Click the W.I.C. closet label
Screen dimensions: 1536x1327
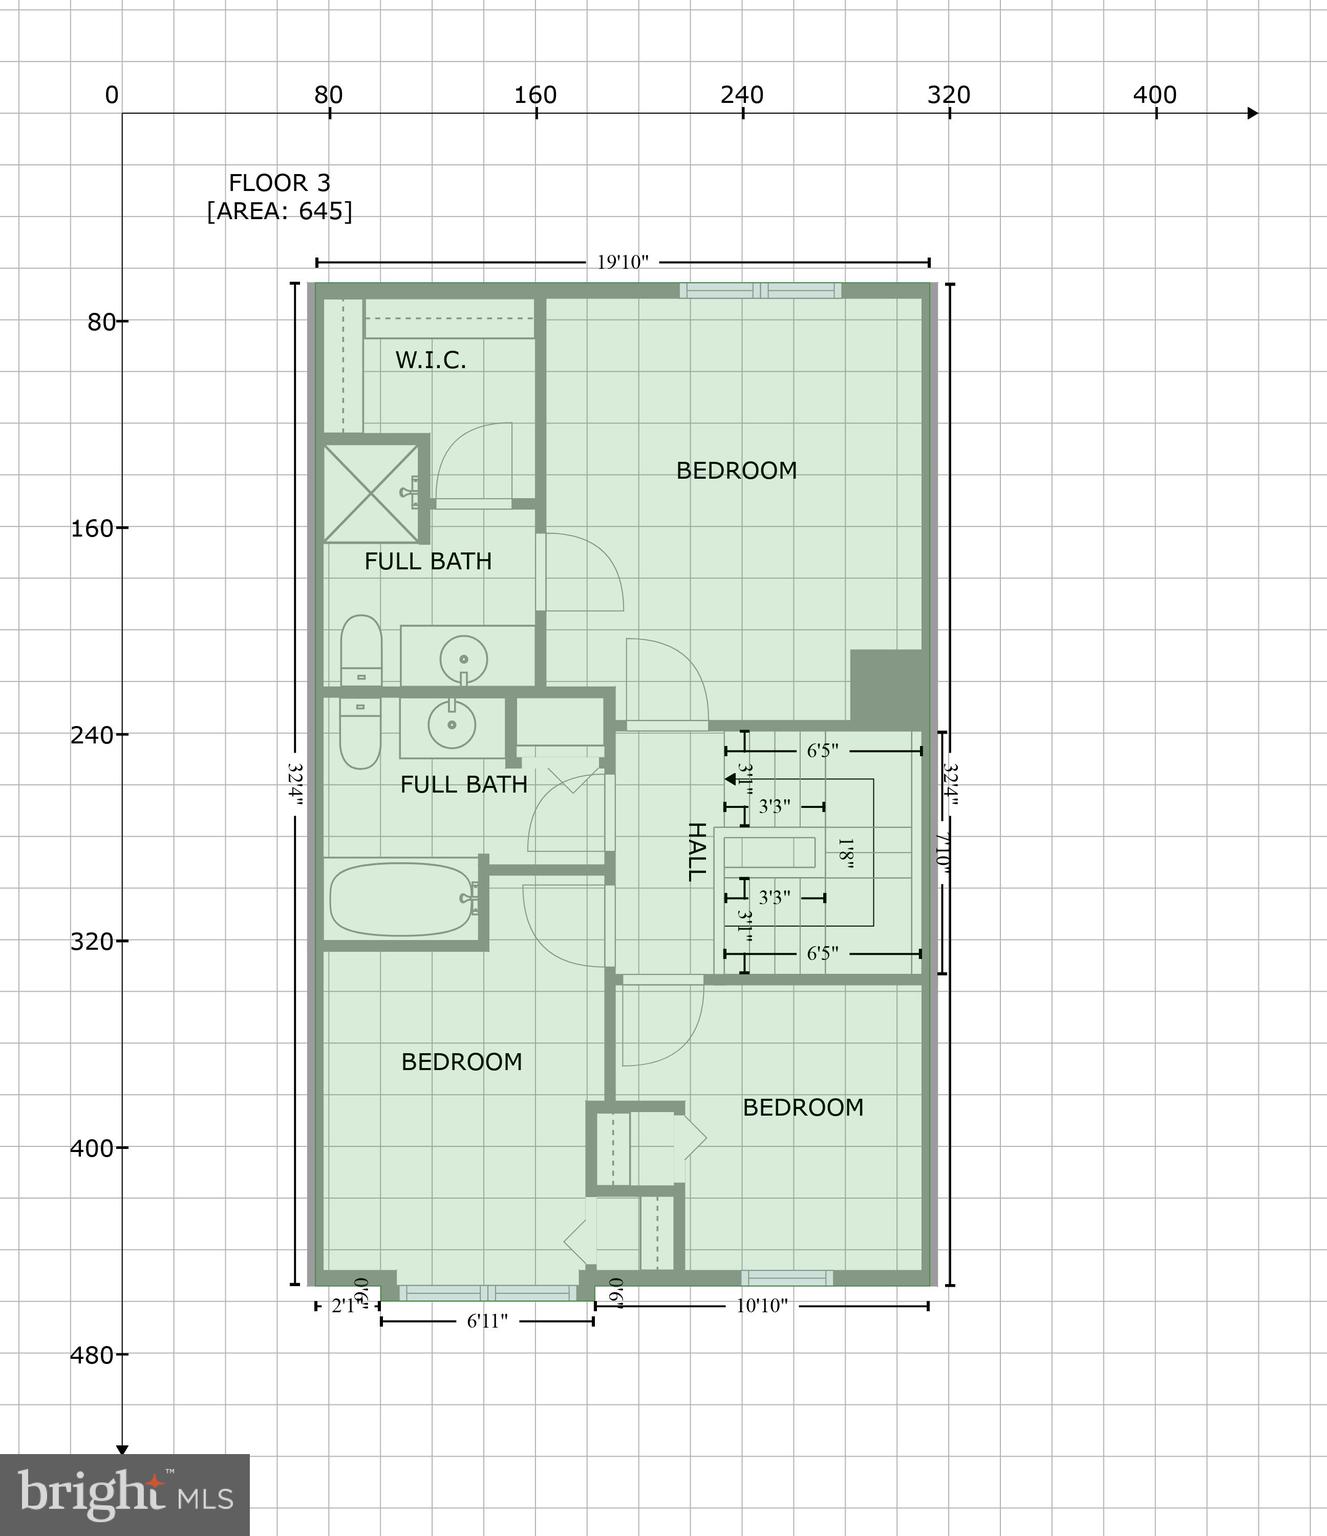click(430, 360)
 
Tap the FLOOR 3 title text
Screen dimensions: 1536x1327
click(279, 183)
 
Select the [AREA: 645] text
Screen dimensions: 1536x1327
click(279, 211)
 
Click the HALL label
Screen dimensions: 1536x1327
click(696, 851)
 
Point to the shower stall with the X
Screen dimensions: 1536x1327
click(371, 493)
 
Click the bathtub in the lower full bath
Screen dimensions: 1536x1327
click(401, 899)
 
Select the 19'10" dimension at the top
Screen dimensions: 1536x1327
click(622, 263)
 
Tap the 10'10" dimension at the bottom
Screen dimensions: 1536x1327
click(761, 1305)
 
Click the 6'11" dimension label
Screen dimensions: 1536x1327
click(487, 1321)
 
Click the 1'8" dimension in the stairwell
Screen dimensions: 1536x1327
click(845, 853)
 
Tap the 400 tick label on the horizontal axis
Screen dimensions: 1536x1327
click(1154, 95)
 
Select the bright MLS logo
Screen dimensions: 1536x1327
click(124, 1495)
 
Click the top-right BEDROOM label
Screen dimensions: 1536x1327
click(736, 470)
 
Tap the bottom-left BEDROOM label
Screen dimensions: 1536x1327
click(461, 1062)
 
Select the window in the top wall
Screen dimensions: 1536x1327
click(760, 291)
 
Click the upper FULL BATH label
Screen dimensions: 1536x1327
click(428, 561)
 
